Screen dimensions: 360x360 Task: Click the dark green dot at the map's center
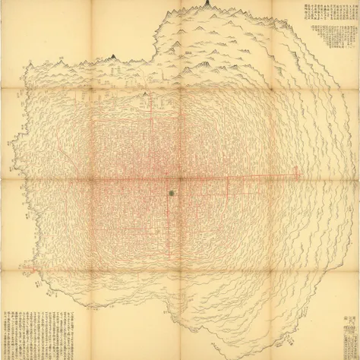tap(172, 194)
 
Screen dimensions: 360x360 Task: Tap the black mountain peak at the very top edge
tap(205, 5)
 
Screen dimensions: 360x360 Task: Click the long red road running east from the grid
tap(258, 177)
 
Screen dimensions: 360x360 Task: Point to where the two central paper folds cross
tap(180, 180)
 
